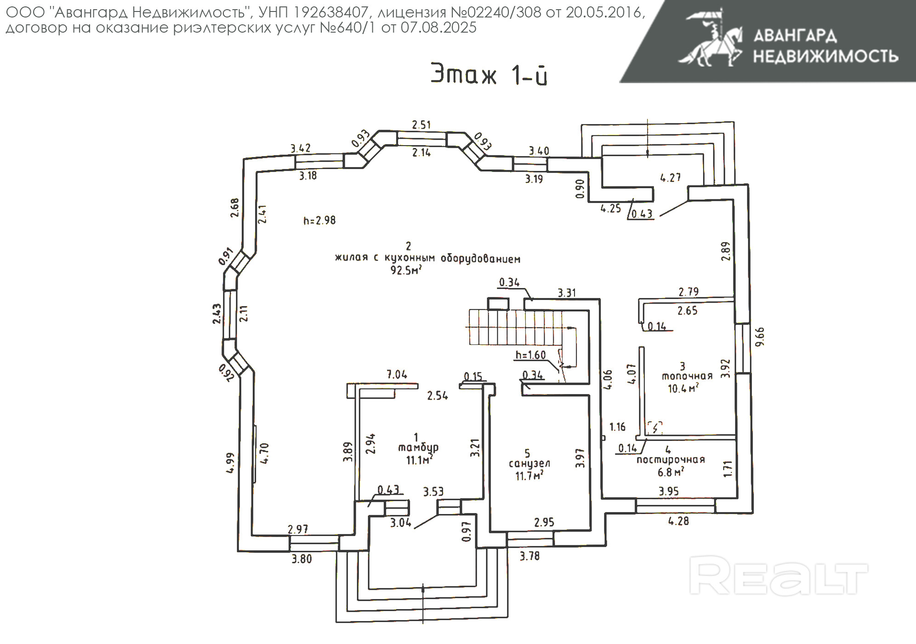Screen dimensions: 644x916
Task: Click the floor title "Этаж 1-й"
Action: tap(489, 74)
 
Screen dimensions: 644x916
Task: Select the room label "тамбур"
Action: tap(418, 447)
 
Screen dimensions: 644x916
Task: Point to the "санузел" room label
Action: tap(529, 463)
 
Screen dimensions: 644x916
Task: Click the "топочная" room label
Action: tap(687, 376)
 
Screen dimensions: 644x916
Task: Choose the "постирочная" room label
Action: tap(671, 460)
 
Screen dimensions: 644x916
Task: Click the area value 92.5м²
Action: tap(406, 270)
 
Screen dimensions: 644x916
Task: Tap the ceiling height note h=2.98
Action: tap(319, 220)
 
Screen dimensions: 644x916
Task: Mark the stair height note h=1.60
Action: tap(530, 355)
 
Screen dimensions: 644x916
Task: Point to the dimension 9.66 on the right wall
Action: tap(760, 336)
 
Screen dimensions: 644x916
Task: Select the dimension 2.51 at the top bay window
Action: tap(421, 124)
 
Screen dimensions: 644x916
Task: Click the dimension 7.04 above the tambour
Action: tap(397, 374)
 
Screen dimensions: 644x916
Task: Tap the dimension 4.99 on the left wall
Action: tap(230, 463)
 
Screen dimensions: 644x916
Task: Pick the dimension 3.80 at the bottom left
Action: tap(302, 559)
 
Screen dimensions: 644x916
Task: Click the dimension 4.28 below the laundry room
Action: tap(678, 521)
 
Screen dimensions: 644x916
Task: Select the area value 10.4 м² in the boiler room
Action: tap(683, 389)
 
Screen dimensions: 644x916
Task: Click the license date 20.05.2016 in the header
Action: tap(604, 12)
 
